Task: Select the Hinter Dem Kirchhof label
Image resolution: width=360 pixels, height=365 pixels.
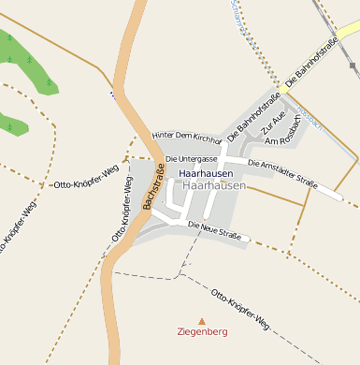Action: (x=187, y=137)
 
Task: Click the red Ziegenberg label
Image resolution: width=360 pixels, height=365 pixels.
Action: (x=202, y=331)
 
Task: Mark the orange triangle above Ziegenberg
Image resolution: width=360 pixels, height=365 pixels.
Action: (x=202, y=320)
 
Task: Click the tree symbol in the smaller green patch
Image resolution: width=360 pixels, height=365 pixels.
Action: (x=9, y=122)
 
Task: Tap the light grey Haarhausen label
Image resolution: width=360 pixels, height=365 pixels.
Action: (x=215, y=186)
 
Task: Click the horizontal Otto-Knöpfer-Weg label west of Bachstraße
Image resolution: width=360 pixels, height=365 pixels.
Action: (x=82, y=184)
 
